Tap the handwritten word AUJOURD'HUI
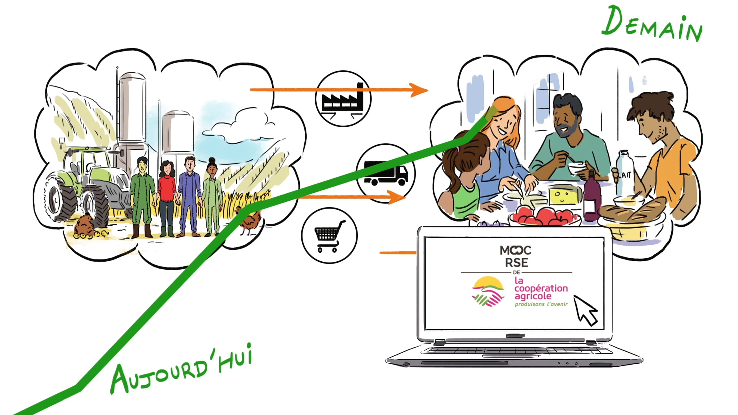pos(181,369)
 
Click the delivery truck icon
pos(386,173)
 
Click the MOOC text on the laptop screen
pos(515,250)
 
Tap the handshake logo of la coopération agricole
pos(488,291)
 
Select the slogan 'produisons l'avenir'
pos(541,304)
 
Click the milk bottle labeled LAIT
pos(624,172)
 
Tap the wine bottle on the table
pos(592,197)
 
